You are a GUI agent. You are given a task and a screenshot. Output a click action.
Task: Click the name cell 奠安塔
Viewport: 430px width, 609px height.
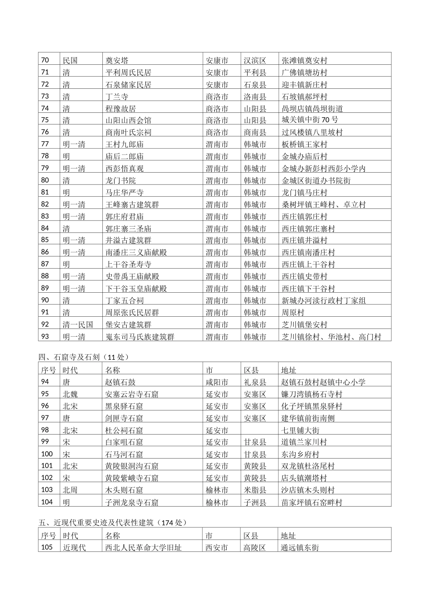point(117,60)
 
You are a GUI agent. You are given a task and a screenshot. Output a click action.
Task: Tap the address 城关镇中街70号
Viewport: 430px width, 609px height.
point(310,120)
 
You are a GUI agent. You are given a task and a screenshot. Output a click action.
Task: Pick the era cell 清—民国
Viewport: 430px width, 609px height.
point(77,324)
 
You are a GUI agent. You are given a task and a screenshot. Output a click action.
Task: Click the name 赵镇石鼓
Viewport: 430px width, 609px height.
point(120,382)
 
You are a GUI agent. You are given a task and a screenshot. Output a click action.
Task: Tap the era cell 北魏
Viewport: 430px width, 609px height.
point(70,394)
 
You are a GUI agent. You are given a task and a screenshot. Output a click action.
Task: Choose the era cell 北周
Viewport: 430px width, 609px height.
point(70,490)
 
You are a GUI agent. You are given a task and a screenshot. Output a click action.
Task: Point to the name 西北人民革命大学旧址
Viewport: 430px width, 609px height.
point(143,547)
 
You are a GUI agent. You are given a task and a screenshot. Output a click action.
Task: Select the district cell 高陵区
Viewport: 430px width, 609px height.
point(255,547)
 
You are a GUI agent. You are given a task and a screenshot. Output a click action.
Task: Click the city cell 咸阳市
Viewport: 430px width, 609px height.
point(217,382)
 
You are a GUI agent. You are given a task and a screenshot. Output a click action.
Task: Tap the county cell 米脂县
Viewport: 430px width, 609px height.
point(255,490)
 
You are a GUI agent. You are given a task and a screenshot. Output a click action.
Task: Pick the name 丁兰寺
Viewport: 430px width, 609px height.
point(117,97)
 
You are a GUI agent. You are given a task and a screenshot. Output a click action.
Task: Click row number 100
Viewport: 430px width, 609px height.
point(47,454)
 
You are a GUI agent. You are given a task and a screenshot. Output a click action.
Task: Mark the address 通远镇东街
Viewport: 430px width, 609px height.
point(300,547)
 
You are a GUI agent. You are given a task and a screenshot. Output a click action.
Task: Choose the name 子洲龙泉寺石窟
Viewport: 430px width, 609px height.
point(132,502)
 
